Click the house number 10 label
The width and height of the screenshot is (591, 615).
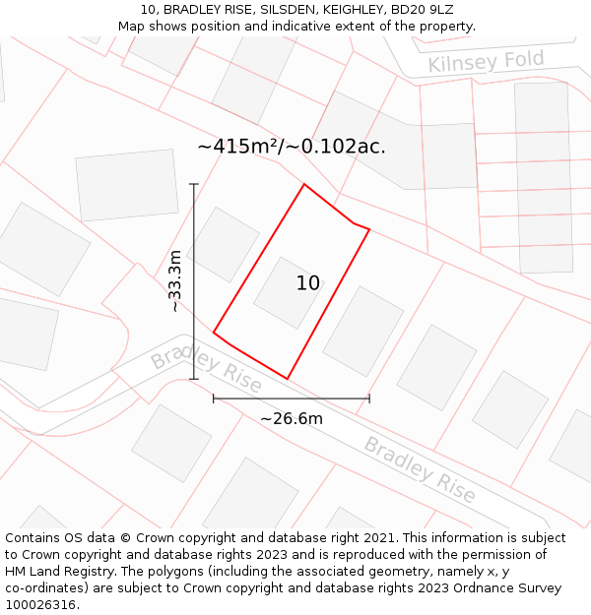click(x=308, y=283)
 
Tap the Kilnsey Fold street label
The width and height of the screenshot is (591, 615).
click(x=486, y=62)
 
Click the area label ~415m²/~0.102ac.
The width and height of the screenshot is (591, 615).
click(x=291, y=147)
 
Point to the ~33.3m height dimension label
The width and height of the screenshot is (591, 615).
click(x=175, y=281)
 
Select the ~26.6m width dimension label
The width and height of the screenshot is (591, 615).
click(x=292, y=418)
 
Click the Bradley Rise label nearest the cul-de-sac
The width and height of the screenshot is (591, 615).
click(x=207, y=367)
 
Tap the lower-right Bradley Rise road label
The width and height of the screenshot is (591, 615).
click(x=420, y=469)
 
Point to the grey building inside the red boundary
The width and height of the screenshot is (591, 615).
click(x=288, y=292)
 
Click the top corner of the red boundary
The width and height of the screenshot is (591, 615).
click(x=303, y=184)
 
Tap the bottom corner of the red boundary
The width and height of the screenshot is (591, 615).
click(x=287, y=378)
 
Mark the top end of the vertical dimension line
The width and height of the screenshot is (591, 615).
click(x=194, y=184)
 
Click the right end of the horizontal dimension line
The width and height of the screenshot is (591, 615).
click(x=369, y=399)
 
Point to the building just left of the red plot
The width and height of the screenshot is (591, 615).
click(x=223, y=244)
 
